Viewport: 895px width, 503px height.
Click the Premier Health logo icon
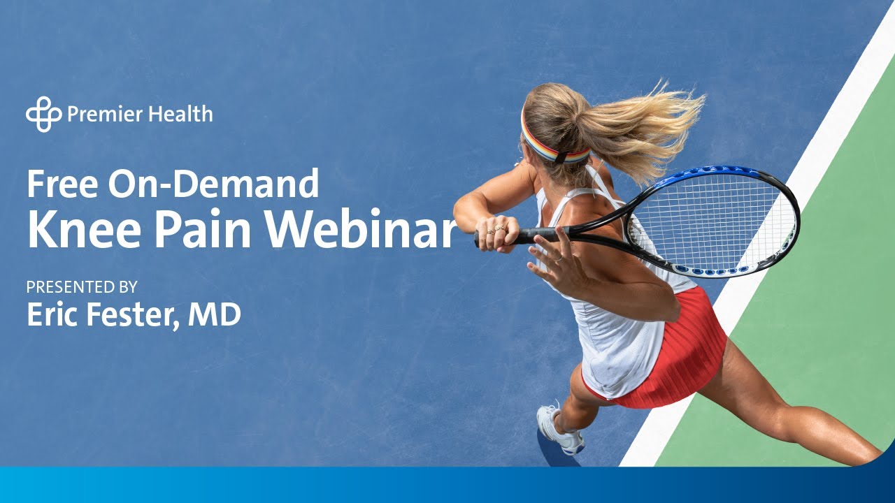point(44,114)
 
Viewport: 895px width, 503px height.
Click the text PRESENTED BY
point(82,286)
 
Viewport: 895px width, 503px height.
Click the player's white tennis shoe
point(559,430)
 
